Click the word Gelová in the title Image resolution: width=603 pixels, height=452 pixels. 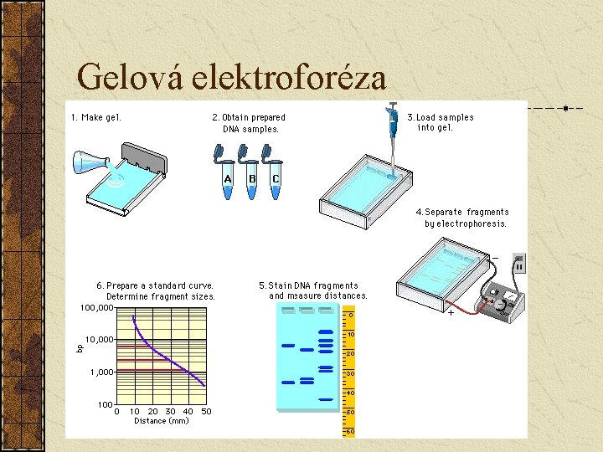[x=130, y=77]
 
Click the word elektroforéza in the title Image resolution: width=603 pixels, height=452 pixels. [x=289, y=77]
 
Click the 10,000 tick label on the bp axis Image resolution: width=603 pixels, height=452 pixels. [x=100, y=339]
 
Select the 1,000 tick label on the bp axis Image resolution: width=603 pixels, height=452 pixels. [x=102, y=372]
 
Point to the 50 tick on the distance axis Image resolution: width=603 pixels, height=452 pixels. [x=206, y=411]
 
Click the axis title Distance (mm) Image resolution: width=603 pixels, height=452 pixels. [x=161, y=421]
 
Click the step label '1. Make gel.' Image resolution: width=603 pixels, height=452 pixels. [x=96, y=117]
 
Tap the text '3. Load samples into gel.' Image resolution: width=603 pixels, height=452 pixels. [x=440, y=122]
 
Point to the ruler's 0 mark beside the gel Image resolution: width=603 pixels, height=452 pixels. [x=351, y=315]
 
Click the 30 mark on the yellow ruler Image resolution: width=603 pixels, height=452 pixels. [x=351, y=373]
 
